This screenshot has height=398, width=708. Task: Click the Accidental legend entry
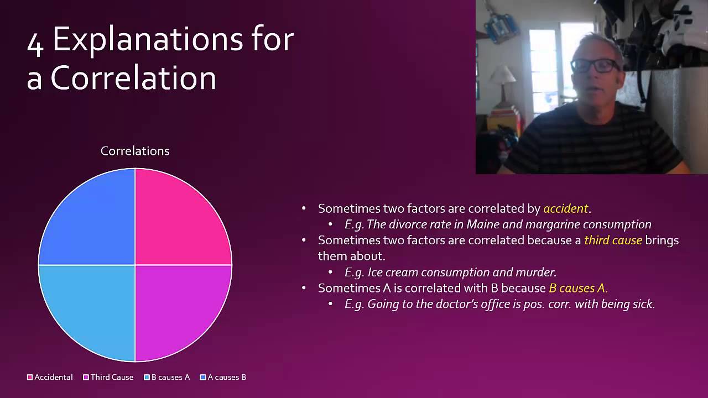[x=50, y=377]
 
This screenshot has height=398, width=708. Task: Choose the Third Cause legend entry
[x=108, y=377]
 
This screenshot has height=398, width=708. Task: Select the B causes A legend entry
[x=167, y=377]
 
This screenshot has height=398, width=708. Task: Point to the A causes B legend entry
[x=223, y=377]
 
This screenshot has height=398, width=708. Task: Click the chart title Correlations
[x=135, y=151]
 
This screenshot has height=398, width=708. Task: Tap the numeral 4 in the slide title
[x=35, y=45]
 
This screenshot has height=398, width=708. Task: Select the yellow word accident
[x=565, y=209]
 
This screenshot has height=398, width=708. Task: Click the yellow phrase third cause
[x=613, y=240]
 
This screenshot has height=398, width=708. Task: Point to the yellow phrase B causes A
[x=578, y=288]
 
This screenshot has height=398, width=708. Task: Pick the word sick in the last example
[x=643, y=304]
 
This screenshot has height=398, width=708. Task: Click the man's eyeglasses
[x=595, y=66]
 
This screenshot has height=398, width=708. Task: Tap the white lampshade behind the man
[x=503, y=75]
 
